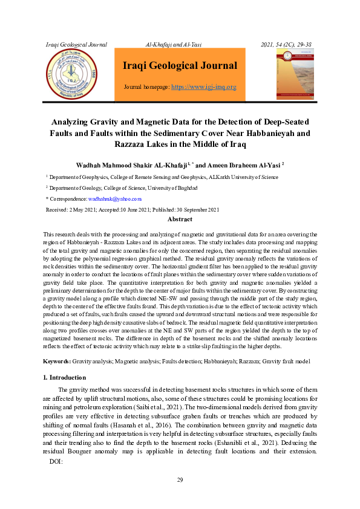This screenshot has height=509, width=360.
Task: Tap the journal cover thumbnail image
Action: click(295, 74)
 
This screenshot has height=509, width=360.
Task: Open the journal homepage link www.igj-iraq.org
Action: click(204, 87)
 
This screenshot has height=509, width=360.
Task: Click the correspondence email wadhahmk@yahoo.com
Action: click(115, 198)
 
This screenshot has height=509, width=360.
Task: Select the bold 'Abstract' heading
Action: click(180, 219)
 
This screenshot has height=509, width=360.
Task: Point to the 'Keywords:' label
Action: click(57, 361)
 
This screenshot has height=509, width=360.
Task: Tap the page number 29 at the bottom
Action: click(180, 480)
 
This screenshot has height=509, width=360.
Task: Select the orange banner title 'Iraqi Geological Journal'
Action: click(180, 65)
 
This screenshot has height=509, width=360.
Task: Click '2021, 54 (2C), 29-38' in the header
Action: click(286, 45)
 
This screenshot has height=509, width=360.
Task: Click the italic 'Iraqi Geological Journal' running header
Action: click(77, 45)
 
